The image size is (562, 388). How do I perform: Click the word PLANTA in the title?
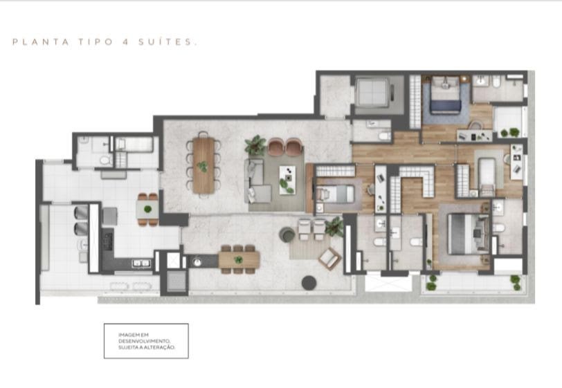click(x=41, y=42)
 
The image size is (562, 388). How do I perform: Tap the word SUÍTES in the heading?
click(x=167, y=41)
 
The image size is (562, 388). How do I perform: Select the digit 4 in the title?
click(x=125, y=42)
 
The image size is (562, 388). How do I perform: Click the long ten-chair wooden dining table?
click(x=203, y=165)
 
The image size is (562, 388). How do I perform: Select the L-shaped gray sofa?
click(x=257, y=181)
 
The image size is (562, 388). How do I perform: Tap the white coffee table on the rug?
click(x=287, y=180)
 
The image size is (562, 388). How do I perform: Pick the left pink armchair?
click(x=276, y=147)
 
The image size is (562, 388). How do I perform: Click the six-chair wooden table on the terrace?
click(x=239, y=260)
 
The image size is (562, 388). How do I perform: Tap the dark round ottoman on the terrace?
click(x=309, y=283)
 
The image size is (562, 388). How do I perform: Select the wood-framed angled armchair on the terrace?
click(x=329, y=259)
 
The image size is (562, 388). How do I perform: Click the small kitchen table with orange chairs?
click(x=147, y=210)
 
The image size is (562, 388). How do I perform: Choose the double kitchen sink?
click(x=142, y=264)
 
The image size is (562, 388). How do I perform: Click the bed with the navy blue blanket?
click(x=445, y=95)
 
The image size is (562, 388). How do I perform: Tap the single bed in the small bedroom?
click(x=335, y=194)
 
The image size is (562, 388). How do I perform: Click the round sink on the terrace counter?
click(x=197, y=262)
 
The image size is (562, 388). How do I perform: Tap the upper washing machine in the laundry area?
click(x=81, y=212)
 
